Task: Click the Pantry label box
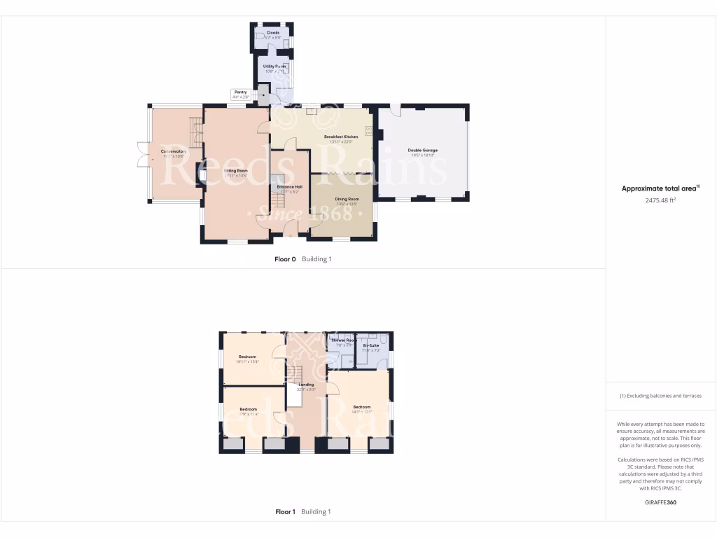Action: pyautogui.click(x=240, y=94)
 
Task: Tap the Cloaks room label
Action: pyautogui.click(x=272, y=32)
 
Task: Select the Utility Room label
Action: pyautogui.click(x=274, y=66)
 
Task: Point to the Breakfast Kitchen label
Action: pyautogui.click(x=341, y=137)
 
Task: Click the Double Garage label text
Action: pyautogui.click(x=422, y=150)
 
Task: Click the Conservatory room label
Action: pyautogui.click(x=173, y=151)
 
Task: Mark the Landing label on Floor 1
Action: pyautogui.click(x=306, y=385)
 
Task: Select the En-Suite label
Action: pyautogui.click(x=371, y=345)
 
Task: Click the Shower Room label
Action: pyautogui.click(x=344, y=340)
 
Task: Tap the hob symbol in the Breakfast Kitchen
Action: pyautogui.click(x=368, y=130)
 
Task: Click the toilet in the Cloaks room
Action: pyautogui.click(x=260, y=35)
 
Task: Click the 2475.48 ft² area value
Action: pyautogui.click(x=660, y=200)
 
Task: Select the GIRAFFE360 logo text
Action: pyautogui.click(x=660, y=502)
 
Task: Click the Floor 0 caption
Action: pyautogui.click(x=285, y=259)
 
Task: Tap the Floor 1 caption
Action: pyautogui.click(x=285, y=512)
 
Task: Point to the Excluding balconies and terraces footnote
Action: pyautogui.click(x=660, y=396)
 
